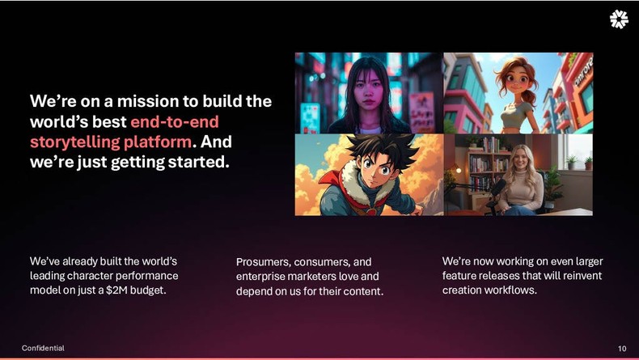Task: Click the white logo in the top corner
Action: (619, 19)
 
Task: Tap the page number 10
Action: (621, 348)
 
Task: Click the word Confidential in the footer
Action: (43, 348)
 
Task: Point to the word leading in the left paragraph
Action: (49, 276)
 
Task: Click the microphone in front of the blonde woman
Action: (497, 188)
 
